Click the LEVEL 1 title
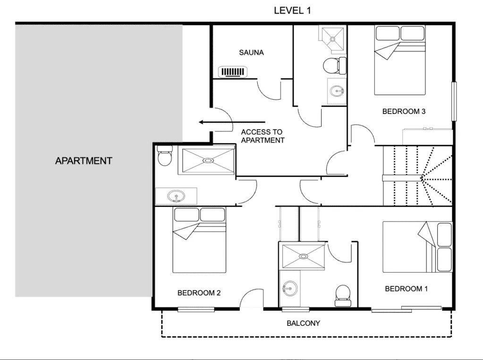tap(292, 10)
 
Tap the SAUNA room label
tap(251, 52)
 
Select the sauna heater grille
tap(233, 72)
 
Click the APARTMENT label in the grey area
tap(84, 161)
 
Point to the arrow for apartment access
tap(232, 122)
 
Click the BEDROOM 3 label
tap(404, 111)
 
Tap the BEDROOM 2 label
tap(199, 292)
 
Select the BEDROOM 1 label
tap(407, 289)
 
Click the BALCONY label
tap(303, 323)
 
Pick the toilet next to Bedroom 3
tap(335, 65)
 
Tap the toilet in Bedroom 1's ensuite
tap(342, 295)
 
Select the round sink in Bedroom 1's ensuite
tap(290, 288)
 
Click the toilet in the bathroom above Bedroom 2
tap(164, 155)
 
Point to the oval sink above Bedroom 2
tap(176, 196)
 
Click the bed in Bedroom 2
tap(199, 240)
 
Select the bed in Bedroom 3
tap(400, 60)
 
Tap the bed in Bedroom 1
tap(417, 247)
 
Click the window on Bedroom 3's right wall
tap(454, 101)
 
